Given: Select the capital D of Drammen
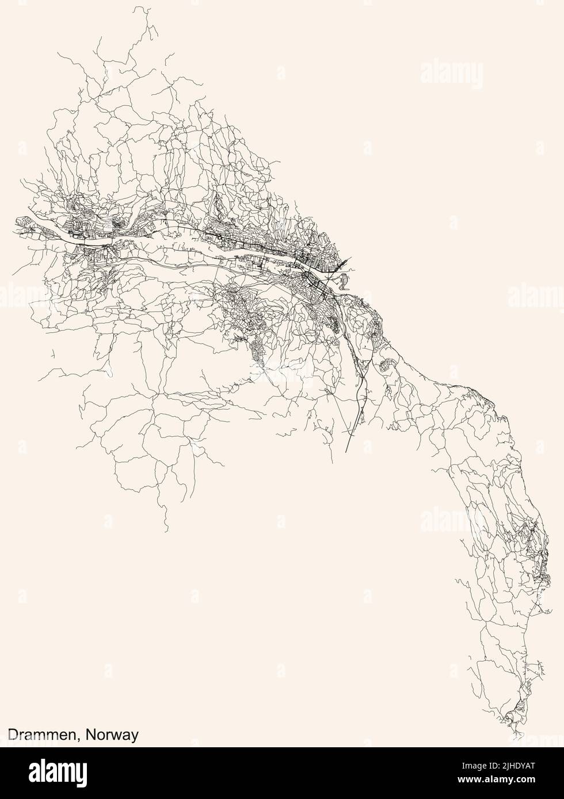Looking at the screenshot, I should pos(12,735).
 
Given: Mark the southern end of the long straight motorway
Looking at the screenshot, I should pos(345,452).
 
